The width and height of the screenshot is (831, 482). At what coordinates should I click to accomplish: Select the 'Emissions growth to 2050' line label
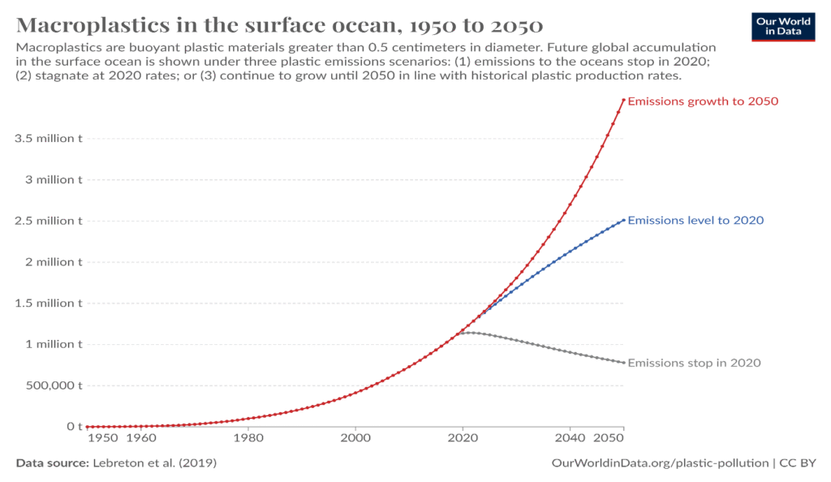(692, 101)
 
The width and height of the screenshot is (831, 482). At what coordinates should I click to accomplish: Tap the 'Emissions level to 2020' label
(695, 220)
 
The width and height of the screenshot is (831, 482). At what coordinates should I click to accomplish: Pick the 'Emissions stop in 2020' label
(694, 363)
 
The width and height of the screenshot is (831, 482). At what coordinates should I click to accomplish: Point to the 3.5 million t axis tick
(49, 138)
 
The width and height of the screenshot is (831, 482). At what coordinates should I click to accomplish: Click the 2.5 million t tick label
(49, 221)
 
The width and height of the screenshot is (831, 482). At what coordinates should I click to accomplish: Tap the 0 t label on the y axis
(75, 427)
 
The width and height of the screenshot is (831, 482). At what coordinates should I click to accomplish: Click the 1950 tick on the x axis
(102, 439)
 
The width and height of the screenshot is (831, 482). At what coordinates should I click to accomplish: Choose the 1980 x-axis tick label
(248, 439)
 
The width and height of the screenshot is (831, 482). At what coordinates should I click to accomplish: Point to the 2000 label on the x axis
(355, 439)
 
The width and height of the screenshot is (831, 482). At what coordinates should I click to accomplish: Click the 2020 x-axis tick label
(463, 439)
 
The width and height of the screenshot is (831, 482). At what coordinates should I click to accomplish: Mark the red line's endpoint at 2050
(623, 100)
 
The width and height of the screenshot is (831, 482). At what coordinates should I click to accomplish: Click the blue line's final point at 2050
(623, 220)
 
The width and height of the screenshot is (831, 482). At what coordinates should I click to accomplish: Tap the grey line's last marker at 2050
(623, 363)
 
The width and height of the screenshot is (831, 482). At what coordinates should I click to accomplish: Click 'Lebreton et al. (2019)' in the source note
(154, 463)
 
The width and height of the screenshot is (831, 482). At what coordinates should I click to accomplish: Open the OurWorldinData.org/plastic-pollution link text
(660, 463)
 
